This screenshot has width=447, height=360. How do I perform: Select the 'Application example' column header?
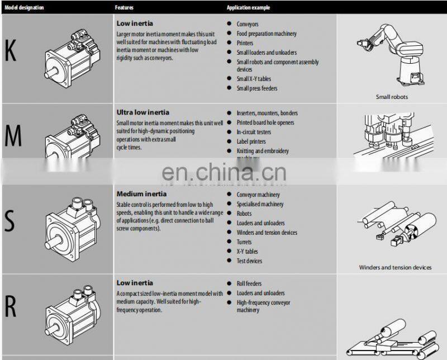tap(248, 8)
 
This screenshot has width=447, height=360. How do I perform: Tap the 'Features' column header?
tap(124, 8)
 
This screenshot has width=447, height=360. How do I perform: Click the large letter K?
tap(11, 51)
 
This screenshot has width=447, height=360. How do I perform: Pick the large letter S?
tap(9, 221)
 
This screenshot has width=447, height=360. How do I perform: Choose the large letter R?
tap(11, 306)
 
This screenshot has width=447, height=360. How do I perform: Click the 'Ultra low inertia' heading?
tap(142, 112)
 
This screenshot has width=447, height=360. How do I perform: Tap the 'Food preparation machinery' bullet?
tap(266, 34)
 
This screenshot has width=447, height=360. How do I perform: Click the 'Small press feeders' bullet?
tap(256, 88)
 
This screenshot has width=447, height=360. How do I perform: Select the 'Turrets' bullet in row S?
tap(244, 242)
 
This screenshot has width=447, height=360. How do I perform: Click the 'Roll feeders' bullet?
tap(249, 283)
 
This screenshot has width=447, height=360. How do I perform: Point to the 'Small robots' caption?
tap(392, 97)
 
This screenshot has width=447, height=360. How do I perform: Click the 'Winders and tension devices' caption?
tap(395, 267)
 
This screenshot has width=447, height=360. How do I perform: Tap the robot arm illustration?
tap(391, 53)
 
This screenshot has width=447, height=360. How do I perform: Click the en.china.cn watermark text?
tap(223, 172)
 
